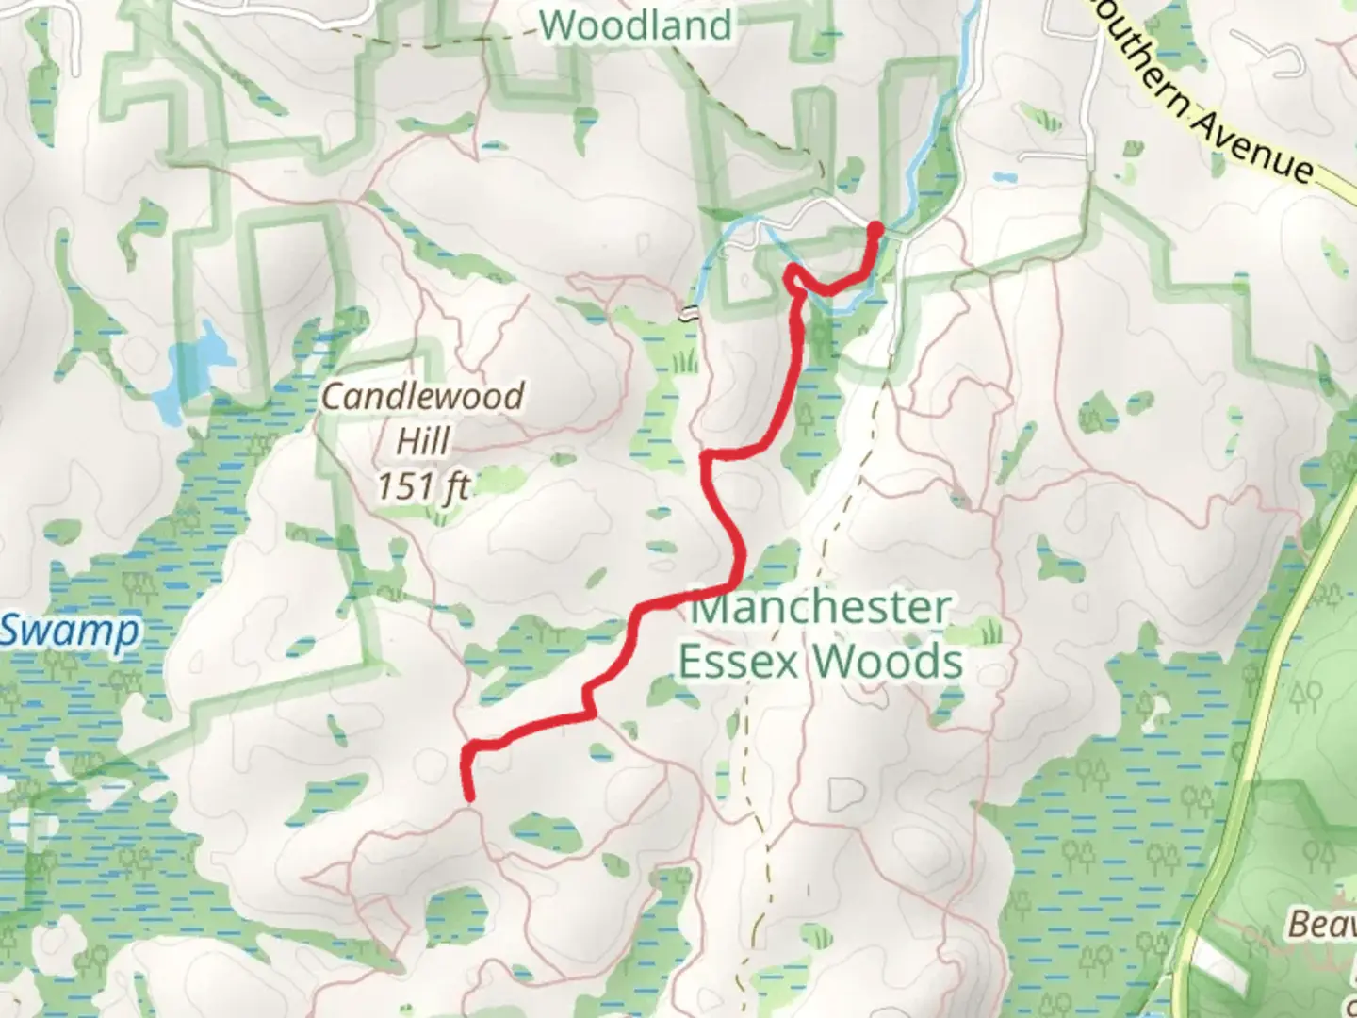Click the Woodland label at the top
click(x=637, y=25)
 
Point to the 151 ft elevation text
click(x=423, y=486)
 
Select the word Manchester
click(x=820, y=608)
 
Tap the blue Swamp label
click(x=68, y=631)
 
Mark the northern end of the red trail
click(x=875, y=229)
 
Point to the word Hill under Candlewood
click(x=422, y=441)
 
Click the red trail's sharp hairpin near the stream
click(x=793, y=274)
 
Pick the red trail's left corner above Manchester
click(x=707, y=457)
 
